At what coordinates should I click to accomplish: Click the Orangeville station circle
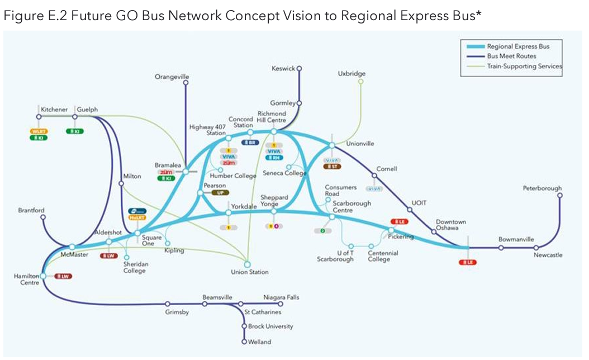(x=186, y=83)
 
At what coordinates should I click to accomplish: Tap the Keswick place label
(x=283, y=69)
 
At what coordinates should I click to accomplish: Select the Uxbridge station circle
(x=360, y=82)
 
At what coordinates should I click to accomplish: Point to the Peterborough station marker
(x=559, y=196)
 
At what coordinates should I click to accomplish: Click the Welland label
(x=260, y=342)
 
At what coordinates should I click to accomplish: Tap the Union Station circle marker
(x=248, y=264)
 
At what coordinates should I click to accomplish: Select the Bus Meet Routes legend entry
(x=511, y=56)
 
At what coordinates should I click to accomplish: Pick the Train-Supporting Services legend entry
(x=520, y=66)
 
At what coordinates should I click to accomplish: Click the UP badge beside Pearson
(x=220, y=192)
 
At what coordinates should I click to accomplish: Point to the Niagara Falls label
(x=281, y=297)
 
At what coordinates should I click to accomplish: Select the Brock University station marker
(x=244, y=326)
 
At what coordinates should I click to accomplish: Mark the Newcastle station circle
(x=535, y=248)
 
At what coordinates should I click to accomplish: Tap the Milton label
(x=132, y=176)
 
